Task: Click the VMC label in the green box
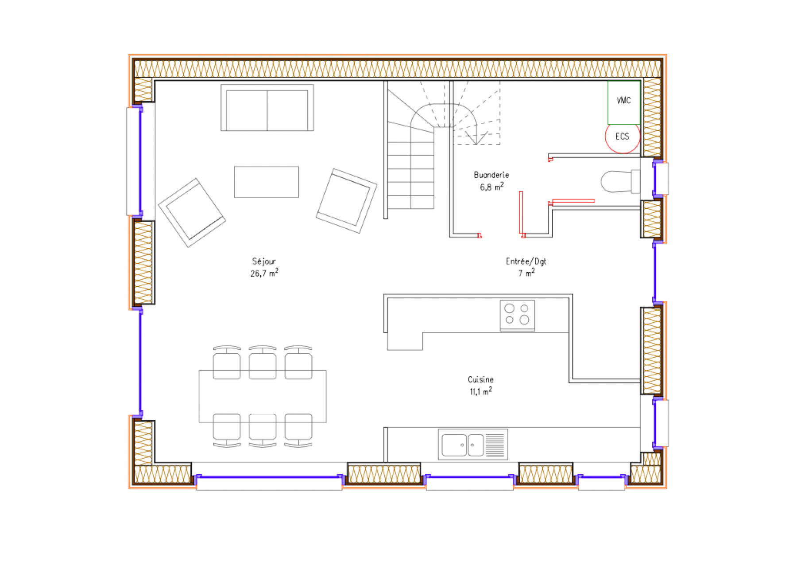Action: pos(623,101)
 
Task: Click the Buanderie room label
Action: pos(491,175)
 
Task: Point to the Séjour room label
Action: pos(264,261)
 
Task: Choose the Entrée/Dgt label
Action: pos(526,261)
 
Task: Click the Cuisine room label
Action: pos(480,379)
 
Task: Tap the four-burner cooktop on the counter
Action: pos(517,315)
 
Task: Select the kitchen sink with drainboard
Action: pos(473,444)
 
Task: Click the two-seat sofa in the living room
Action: pos(267,108)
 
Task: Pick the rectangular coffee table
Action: pos(266,182)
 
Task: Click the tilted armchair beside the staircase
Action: pos(346,201)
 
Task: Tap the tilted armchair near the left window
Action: pos(192,213)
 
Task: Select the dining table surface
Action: pos(263,396)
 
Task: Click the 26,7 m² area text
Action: pos(264,273)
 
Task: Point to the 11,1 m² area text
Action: pos(481,391)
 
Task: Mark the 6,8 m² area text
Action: pos(491,187)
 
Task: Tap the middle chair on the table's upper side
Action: pos(263,363)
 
